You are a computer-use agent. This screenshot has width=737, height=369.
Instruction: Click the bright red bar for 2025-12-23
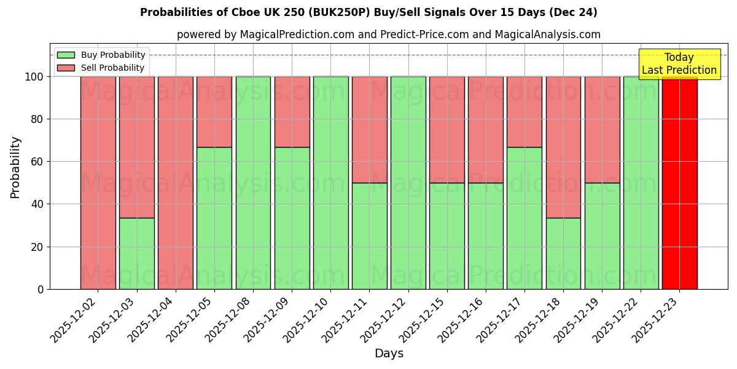(679, 183)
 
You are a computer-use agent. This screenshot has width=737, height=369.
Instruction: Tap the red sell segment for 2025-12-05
(214, 112)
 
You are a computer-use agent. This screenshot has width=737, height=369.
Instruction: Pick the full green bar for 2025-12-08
(253, 183)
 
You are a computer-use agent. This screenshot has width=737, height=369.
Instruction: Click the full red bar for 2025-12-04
(176, 183)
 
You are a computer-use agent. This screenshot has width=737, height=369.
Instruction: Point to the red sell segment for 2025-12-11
(369, 130)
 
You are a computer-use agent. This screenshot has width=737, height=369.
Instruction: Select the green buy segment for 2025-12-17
(524, 218)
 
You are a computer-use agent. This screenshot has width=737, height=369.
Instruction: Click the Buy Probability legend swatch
(66, 55)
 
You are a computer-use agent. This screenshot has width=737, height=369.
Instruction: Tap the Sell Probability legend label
(113, 68)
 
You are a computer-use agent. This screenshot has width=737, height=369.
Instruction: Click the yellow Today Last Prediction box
(679, 64)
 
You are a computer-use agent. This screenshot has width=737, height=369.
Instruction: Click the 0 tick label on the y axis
(41, 289)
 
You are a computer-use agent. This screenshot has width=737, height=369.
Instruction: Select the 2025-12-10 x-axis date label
(307, 320)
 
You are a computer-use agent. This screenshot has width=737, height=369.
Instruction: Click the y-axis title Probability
(15, 167)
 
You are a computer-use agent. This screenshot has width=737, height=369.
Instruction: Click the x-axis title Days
(389, 354)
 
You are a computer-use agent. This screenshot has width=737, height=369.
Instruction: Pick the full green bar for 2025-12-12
(408, 183)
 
